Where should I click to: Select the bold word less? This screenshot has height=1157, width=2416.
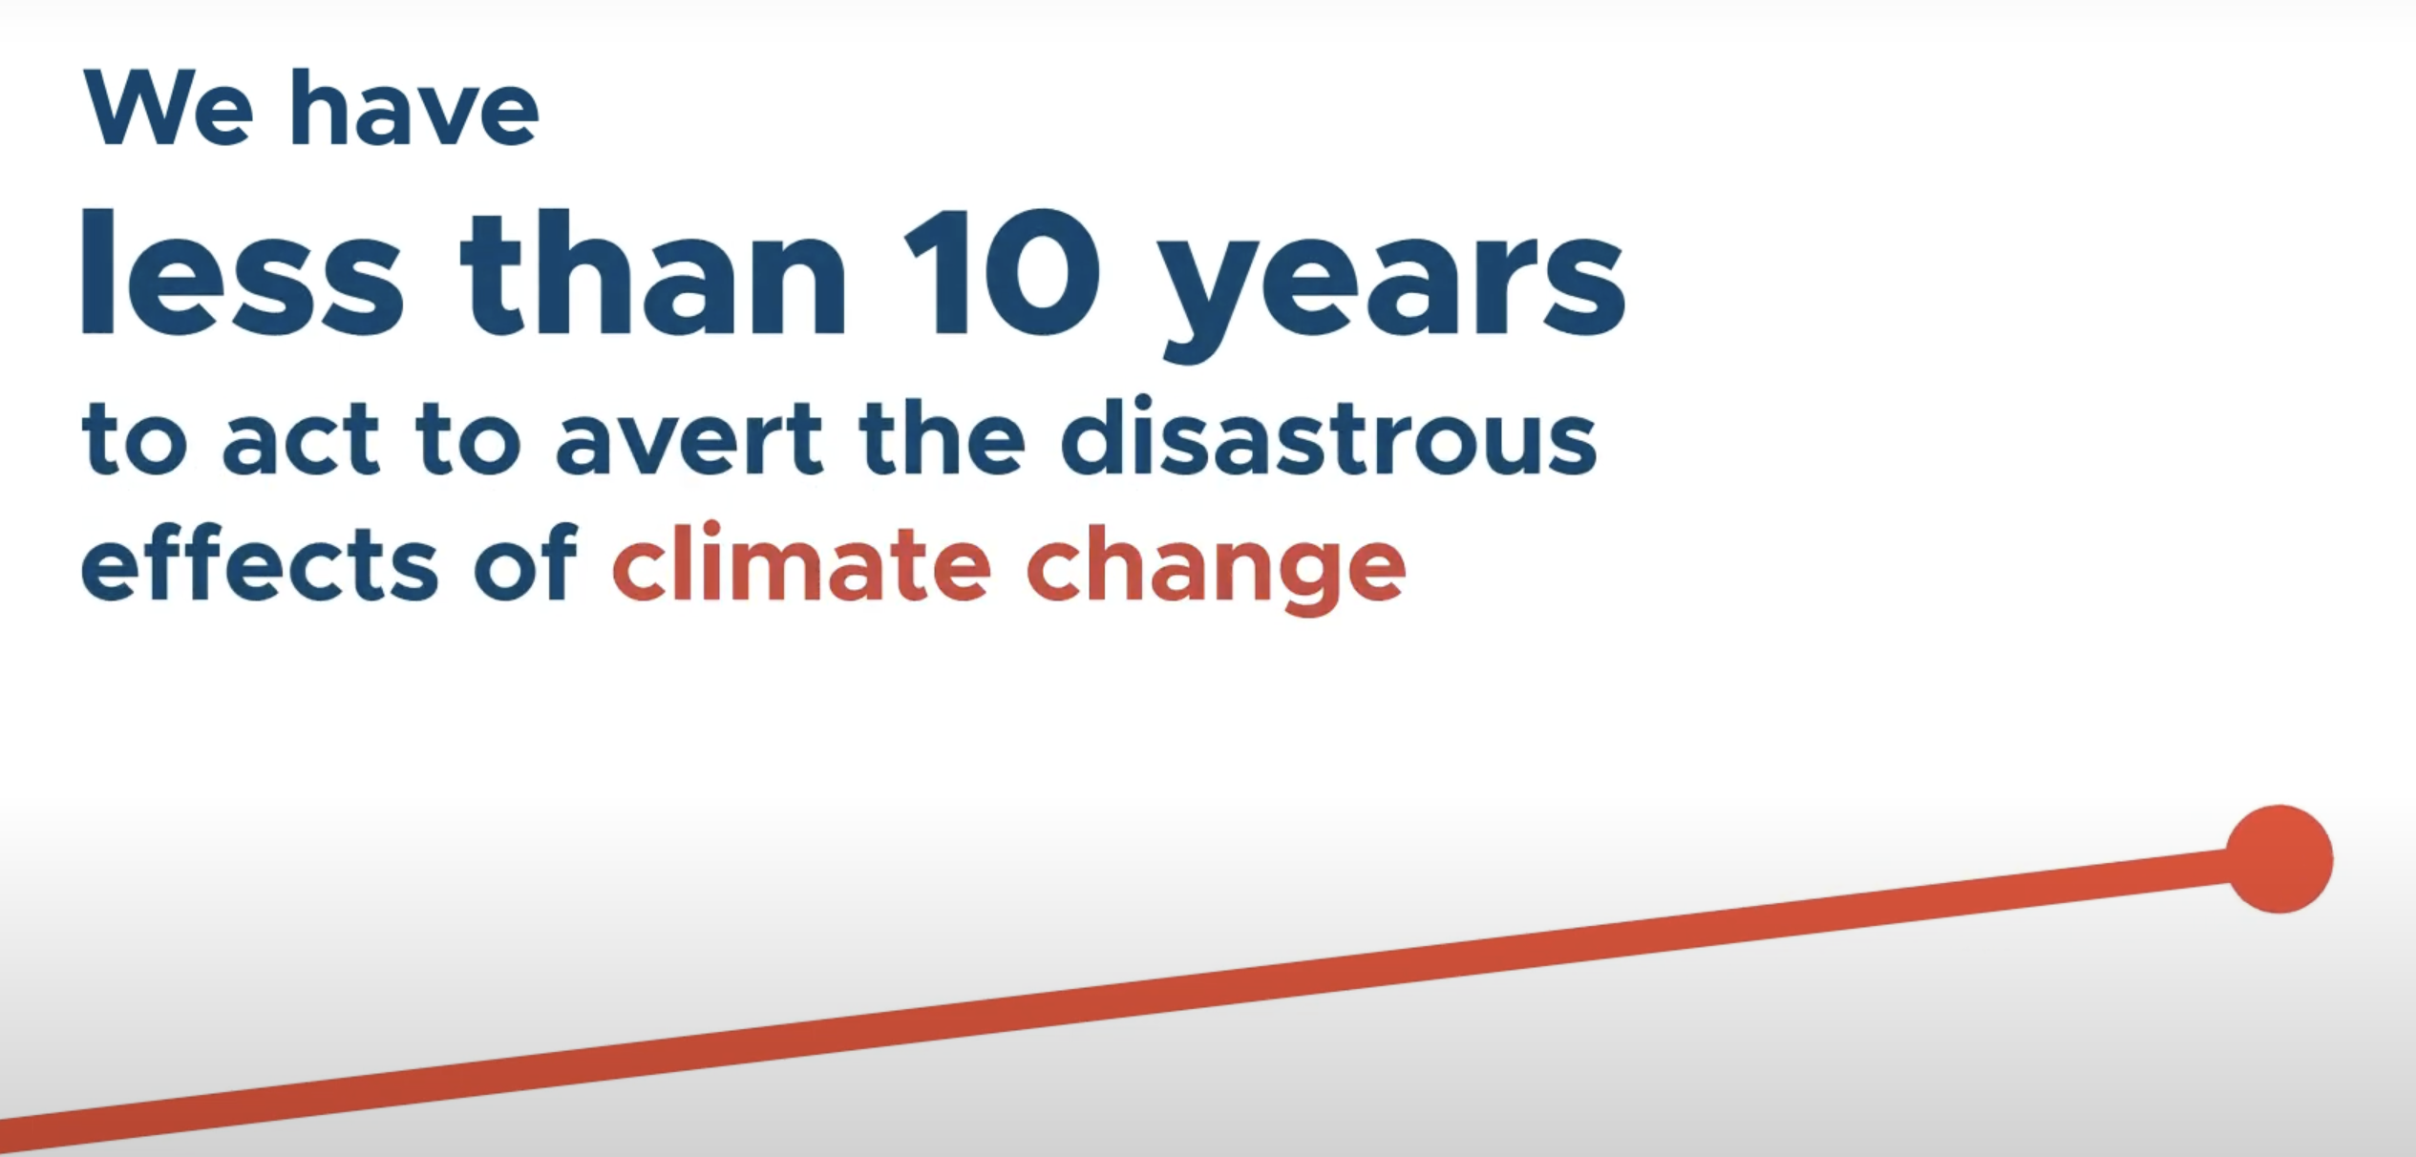[243, 272]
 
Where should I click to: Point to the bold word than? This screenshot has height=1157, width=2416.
[653, 272]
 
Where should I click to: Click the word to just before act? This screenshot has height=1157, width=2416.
[135, 439]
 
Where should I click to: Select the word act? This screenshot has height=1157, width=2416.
[302, 439]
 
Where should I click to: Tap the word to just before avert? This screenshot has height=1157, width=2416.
[469, 439]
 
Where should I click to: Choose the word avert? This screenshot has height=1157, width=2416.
[689, 439]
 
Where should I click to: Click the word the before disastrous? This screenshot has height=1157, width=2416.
[942, 435]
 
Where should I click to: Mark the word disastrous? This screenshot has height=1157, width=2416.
[1329, 435]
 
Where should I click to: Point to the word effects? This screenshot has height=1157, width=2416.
[260, 563]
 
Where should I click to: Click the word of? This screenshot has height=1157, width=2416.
[526, 563]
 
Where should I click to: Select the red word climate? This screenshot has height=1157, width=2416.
[802, 563]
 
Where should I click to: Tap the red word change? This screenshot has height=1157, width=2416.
[1217, 570]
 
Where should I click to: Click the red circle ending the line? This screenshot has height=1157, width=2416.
[2279, 859]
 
